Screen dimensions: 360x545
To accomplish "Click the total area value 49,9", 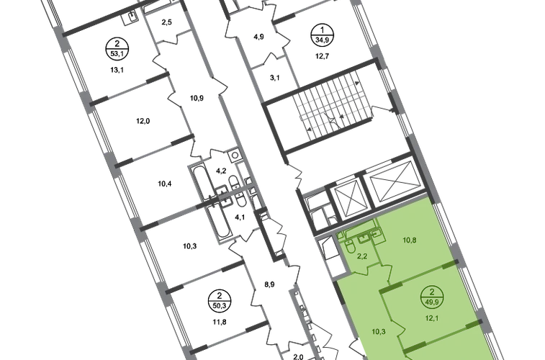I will pos(432,302).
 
